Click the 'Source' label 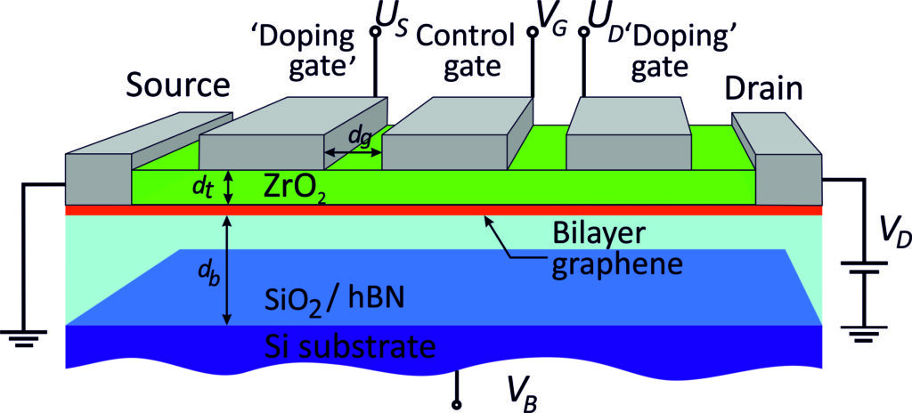tap(177, 86)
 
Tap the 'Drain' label tap(763, 88)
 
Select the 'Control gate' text tap(465, 52)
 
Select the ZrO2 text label tap(294, 188)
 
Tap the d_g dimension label tap(359, 136)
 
